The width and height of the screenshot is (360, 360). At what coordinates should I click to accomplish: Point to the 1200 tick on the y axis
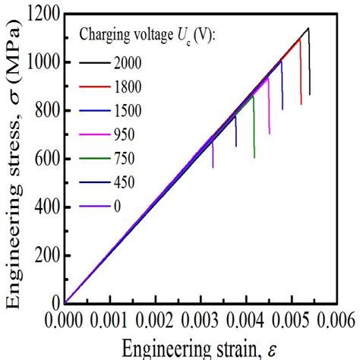pos(43,14)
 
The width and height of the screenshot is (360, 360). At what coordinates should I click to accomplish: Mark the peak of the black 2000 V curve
pos(308,28)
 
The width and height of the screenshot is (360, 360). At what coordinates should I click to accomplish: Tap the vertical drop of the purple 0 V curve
pos(213,152)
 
